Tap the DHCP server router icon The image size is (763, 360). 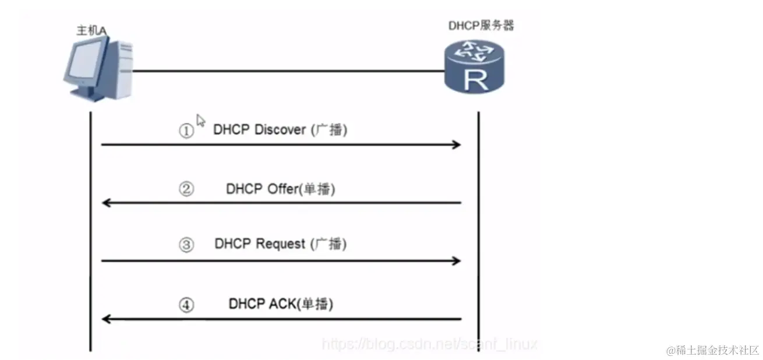coord(474,68)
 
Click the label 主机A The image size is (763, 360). coord(91,30)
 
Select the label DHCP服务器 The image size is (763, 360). coord(481,25)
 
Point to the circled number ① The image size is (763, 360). coord(186,131)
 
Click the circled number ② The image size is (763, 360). coord(186,189)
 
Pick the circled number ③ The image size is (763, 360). coord(186,245)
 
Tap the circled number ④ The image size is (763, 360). coord(186,305)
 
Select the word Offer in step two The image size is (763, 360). coord(282,189)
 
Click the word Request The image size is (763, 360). coord(281,243)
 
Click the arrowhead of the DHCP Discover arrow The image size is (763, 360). coord(456,144)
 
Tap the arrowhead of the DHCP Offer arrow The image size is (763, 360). coord(107,203)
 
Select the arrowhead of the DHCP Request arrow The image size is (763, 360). coord(456,261)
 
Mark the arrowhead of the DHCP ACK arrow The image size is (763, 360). coord(107,319)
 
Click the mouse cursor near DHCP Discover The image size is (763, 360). coord(200,120)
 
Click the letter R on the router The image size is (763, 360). coord(475,80)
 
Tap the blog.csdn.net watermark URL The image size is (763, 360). coord(430,344)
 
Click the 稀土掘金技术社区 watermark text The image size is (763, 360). coord(713,350)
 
